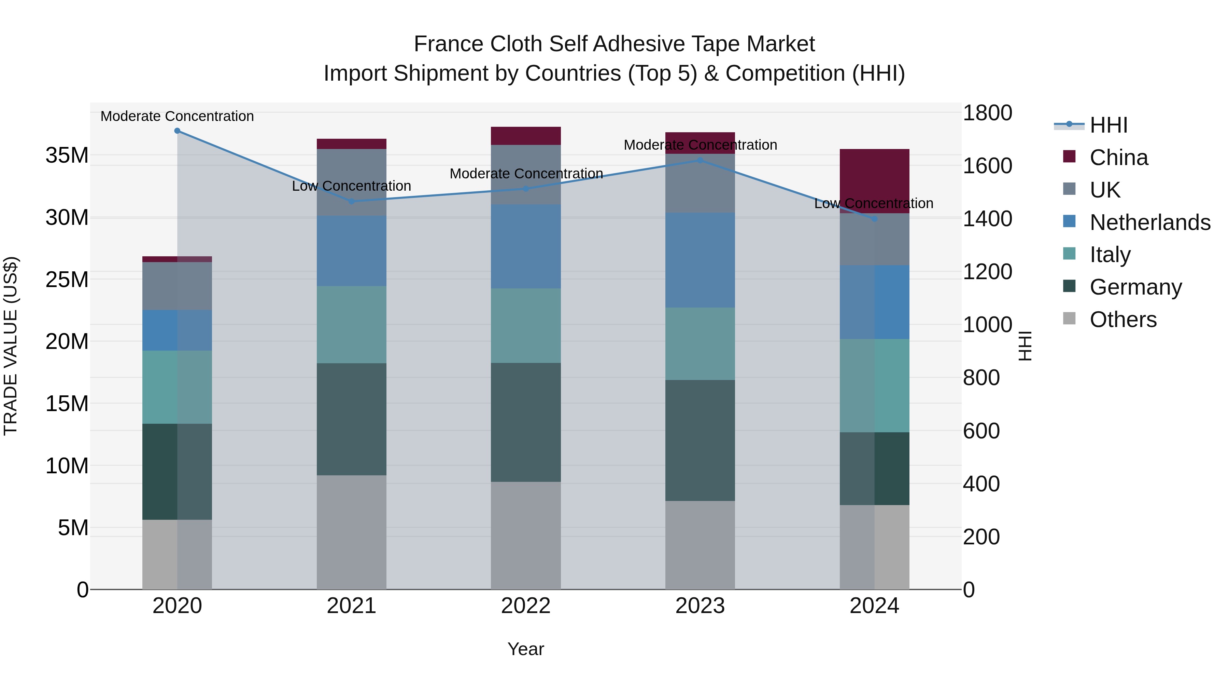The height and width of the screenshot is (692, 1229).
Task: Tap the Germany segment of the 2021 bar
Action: [x=352, y=419]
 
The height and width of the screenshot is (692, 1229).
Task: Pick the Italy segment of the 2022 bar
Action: [x=526, y=325]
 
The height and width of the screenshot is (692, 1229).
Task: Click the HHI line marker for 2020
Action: [x=178, y=131]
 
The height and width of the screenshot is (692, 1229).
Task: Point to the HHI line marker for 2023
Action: [x=700, y=161]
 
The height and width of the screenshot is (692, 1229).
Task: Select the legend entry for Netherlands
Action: [x=1150, y=222]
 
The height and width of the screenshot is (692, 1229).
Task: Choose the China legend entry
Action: [x=1118, y=158]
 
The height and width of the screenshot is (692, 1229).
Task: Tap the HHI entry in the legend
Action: [x=1108, y=125]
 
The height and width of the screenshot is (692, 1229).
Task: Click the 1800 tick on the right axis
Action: [x=987, y=113]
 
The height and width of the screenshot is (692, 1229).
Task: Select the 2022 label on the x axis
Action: [x=526, y=606]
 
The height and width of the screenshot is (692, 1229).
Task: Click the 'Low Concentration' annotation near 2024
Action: [x=874, y=203]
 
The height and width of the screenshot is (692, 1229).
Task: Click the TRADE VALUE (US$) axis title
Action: [x=11, y=346]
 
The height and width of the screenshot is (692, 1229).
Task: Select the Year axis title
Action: [x=526, y=649]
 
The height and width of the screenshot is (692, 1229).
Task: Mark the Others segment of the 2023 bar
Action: [x=700, y=545]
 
